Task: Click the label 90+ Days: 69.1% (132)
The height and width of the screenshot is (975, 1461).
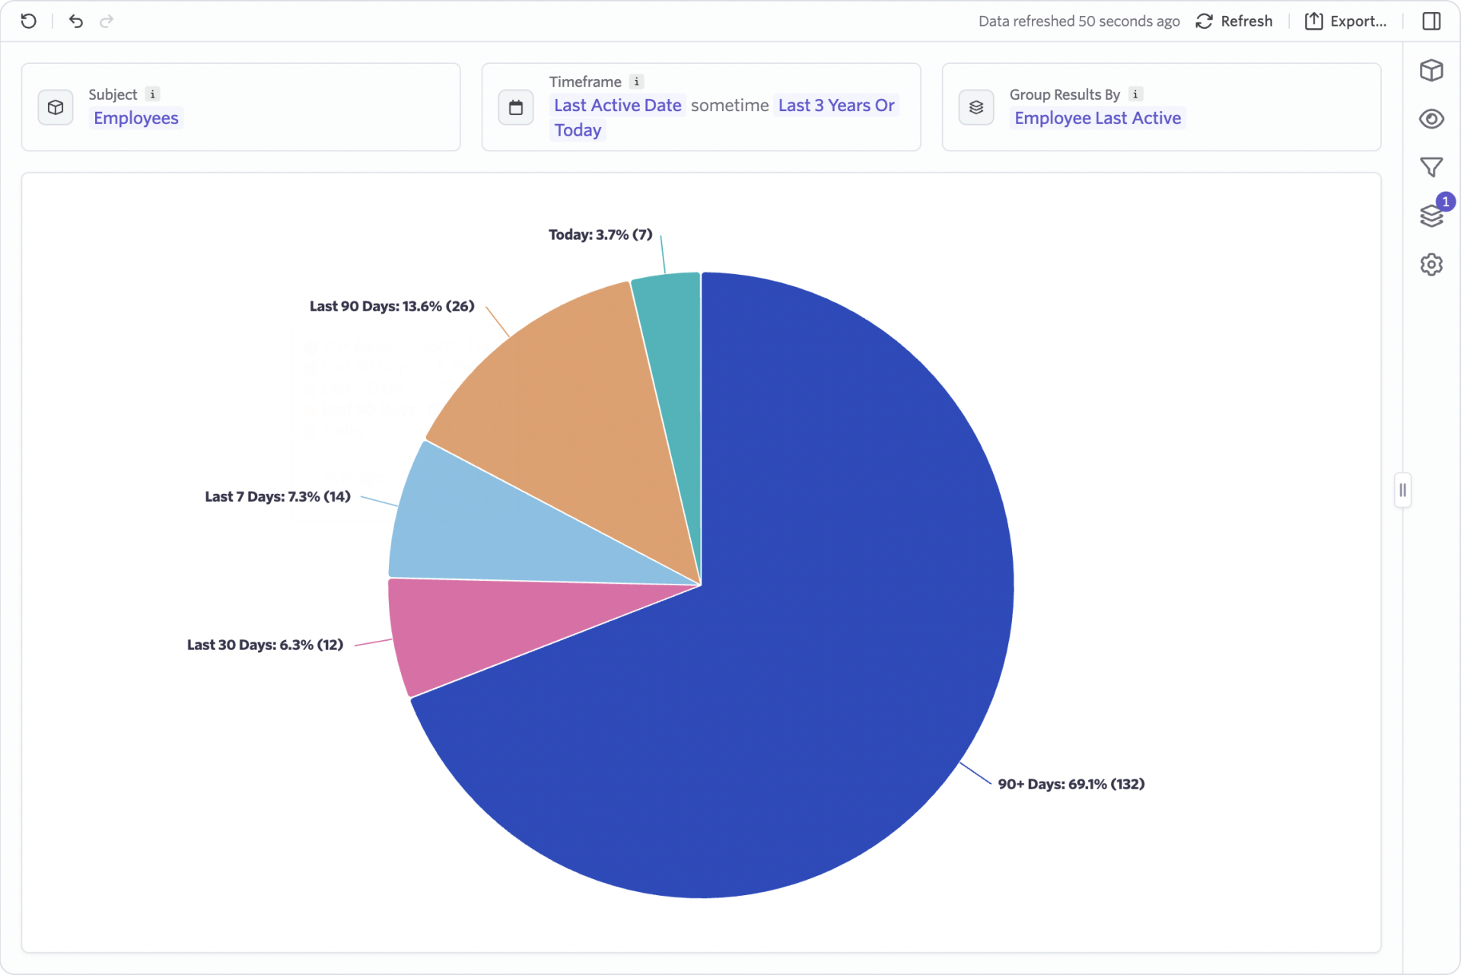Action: tap(1071, 784)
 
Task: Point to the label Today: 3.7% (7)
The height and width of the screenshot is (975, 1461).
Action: tap(600, 234)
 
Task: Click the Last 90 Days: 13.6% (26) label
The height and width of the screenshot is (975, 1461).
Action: tap(391, 306)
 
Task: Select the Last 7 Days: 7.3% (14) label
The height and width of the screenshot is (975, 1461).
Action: tap(277, 496)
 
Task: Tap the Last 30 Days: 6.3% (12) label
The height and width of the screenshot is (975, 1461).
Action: tap(265, 645)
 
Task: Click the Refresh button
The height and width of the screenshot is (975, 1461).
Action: tap(1234, 21)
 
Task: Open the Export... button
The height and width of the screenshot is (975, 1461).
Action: tap(1346, 21)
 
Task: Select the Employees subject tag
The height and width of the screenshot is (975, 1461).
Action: tap(135, 118)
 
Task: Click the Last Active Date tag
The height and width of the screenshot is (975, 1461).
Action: tap(617, 105)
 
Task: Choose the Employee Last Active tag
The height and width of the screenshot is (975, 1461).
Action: tap(1097, 118)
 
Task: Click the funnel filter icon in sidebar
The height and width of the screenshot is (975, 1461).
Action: tap(1431, 167)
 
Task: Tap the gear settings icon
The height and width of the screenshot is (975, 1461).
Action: tap(1431, 265)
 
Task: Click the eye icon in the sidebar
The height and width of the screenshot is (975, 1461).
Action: tap(1431, 119)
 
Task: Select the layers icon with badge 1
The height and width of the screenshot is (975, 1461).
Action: tap(1431, 216)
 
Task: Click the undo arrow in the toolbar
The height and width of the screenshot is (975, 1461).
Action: tap(75, 21)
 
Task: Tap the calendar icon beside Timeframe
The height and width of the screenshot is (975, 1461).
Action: tap(516, 107)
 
